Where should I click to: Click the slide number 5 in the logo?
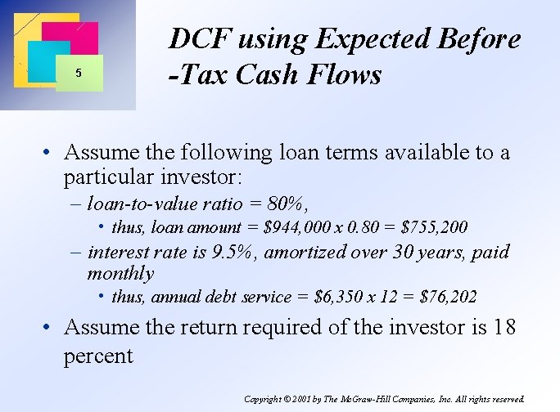pyautogui.click(x=78, y=73)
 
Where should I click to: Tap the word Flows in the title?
pyautogui.click(x=349, y=75)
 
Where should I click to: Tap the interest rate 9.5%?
pyautogui.click(x=234, y=252)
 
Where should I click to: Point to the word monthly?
pyautogui.click(x=120, y=273)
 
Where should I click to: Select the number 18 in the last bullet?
pyautogui.click(x=506, y=327)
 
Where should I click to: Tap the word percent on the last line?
pyautogui.click(x=97, y=356)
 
